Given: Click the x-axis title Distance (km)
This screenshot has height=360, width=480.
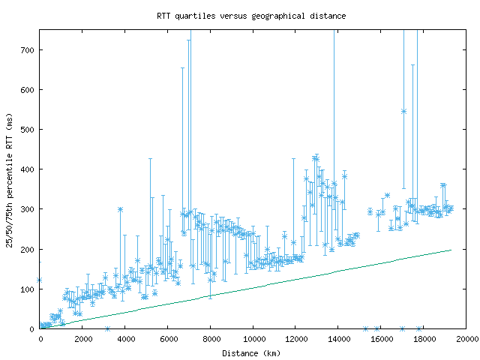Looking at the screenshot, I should pyautogui.click(x=251, y=352).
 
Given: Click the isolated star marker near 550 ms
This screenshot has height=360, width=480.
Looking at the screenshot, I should pyautogui.click(x=403, y=111).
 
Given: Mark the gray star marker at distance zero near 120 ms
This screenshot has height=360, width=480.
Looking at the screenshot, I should pyautogui.click(x=40, y=280).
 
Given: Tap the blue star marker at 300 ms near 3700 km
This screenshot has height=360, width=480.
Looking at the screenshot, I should pyautogui.click(x=120, y=209).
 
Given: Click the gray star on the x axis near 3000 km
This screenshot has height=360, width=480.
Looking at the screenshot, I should pyautogui.click(x=107, y=328).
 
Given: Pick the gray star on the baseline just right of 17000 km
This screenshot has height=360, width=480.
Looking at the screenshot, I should pyautogui.click(x=418, y=328).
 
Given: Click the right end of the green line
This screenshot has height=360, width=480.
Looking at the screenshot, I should pyautogui.click(x=451, y=250).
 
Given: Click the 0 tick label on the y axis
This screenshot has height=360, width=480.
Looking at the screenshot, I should pyautogui.click(x=34, y=328).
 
